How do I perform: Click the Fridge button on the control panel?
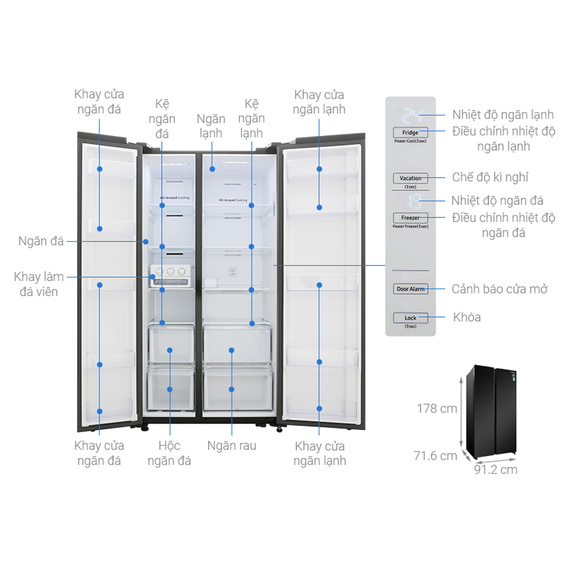coord(410,132)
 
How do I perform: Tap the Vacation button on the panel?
coord(410,178)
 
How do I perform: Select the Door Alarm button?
coord(410,289)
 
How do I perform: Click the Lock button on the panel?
coord(410,318)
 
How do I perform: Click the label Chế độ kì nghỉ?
coord(490,177)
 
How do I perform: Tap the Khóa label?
coord(467,317)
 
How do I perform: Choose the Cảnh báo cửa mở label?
coord(500,289)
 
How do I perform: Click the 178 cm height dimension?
coord(437,408)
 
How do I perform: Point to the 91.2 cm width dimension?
coord(495,469)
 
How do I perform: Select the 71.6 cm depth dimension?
coord(435,455)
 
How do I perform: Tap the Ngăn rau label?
coord(231,445)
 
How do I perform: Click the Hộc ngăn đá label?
coord(169,453)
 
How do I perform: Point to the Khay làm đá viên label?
coord(39,284)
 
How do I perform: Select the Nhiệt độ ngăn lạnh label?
coord(503,115)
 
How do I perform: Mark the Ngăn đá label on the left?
coord(41,241)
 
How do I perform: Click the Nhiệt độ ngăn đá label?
coord(497,200)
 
